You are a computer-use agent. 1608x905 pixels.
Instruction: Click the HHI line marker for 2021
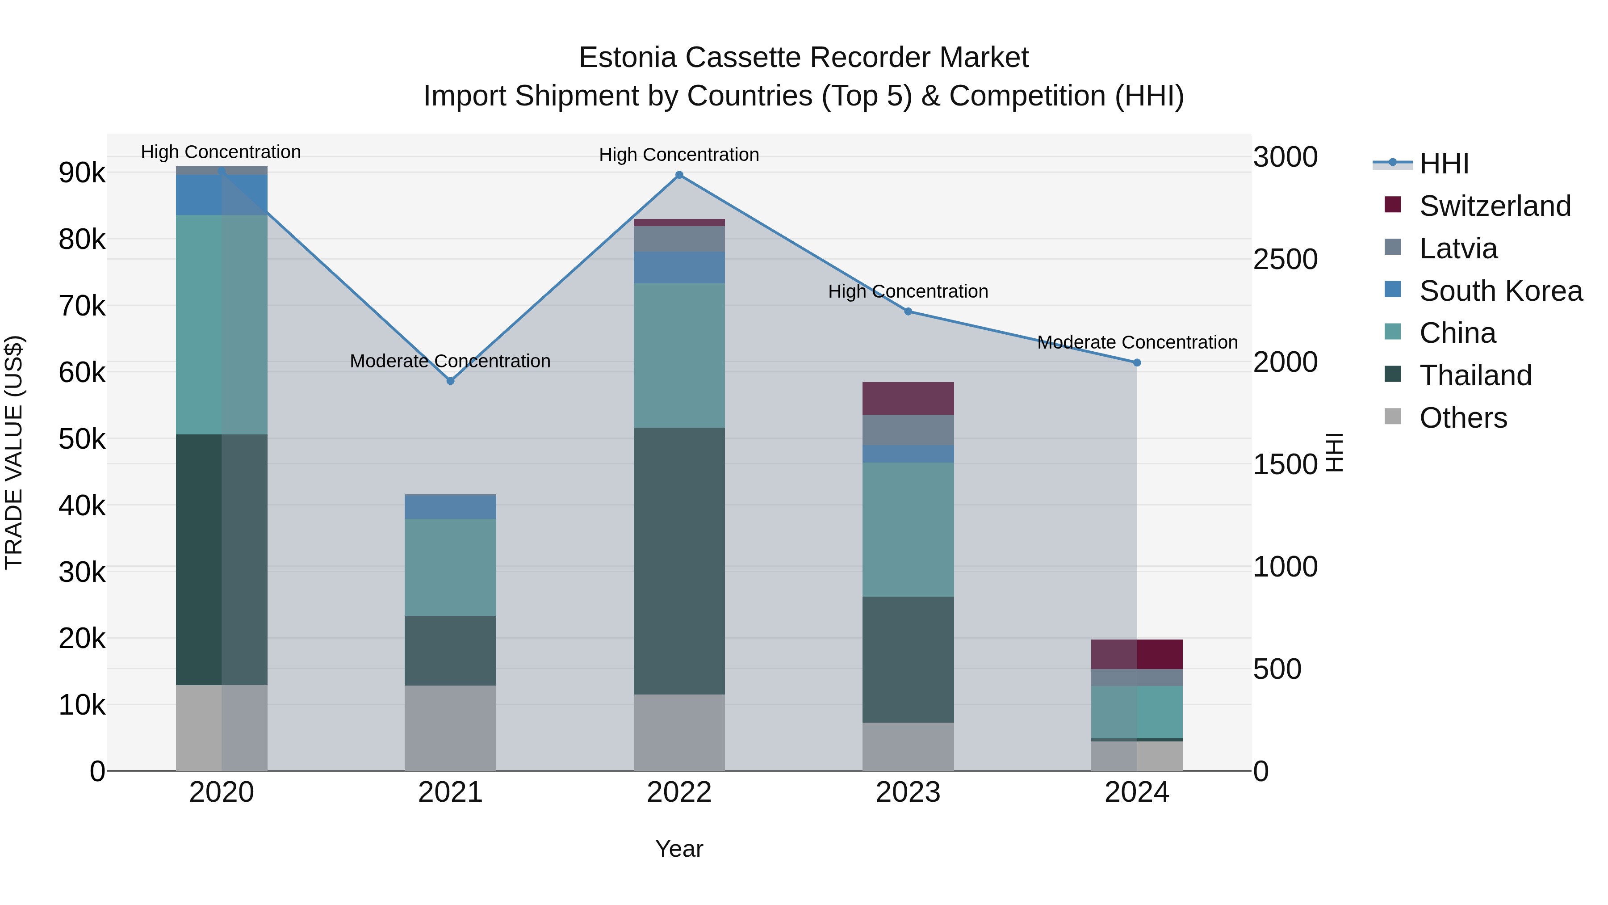coord(450,381)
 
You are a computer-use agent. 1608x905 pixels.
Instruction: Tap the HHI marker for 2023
coord(908,311)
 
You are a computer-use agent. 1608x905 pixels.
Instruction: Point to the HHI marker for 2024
coord(1137,363)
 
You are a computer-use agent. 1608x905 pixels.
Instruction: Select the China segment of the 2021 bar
coord(450,567)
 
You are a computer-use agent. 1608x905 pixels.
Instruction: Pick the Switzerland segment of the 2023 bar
coord(908,399)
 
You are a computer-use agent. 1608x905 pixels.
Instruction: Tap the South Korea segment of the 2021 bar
coord(450,506)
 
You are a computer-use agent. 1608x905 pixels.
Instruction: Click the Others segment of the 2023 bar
coord(908,747)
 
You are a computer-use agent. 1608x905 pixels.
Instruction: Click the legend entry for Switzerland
coord(1495,206)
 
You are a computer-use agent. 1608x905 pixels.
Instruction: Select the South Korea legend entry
coord(1501,291)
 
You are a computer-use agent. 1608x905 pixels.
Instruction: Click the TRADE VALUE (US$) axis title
coord(14,452)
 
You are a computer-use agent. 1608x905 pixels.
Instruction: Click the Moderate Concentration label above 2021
coord(450,362)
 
